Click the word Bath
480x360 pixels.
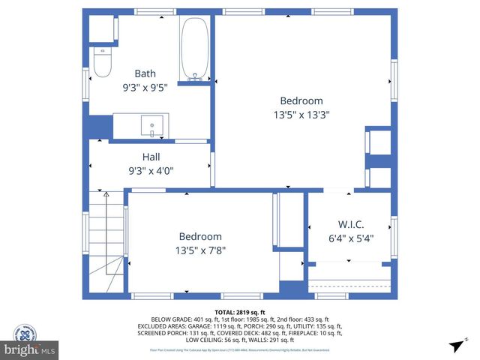click(145, 73)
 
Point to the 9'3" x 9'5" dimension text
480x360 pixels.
click(145, 86)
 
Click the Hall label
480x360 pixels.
click(151, 157)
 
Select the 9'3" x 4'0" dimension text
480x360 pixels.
click(151, 170)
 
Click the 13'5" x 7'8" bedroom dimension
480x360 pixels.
click(200, 250)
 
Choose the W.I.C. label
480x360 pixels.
click(351, 224)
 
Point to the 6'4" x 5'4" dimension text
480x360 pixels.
click(351, 238)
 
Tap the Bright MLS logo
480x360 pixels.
click(30, 349)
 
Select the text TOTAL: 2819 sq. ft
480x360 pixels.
click(240, 311)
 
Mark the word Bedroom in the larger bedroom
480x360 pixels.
click(301, 101)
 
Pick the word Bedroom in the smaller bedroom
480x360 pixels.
click(200, 237)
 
